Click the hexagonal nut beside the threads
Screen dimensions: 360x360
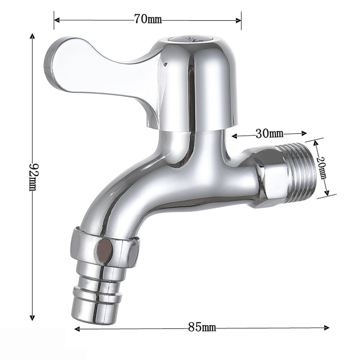click(266, 178)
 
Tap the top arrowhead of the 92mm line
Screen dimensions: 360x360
click(33, 36)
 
